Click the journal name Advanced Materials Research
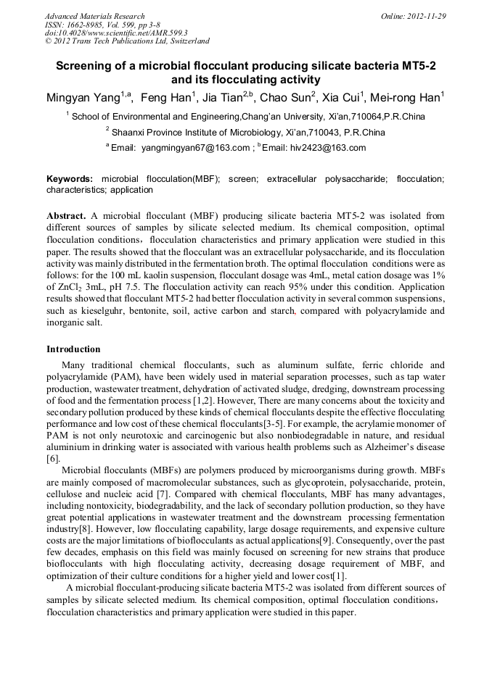tap(94, 16)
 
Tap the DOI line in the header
tap(116, 33)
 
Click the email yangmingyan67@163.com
tap(195, 148)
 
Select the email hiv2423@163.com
tap(331, 148)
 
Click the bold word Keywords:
tap(70, 178)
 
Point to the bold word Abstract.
tap(66, 216)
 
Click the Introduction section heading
tap(73, 349)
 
